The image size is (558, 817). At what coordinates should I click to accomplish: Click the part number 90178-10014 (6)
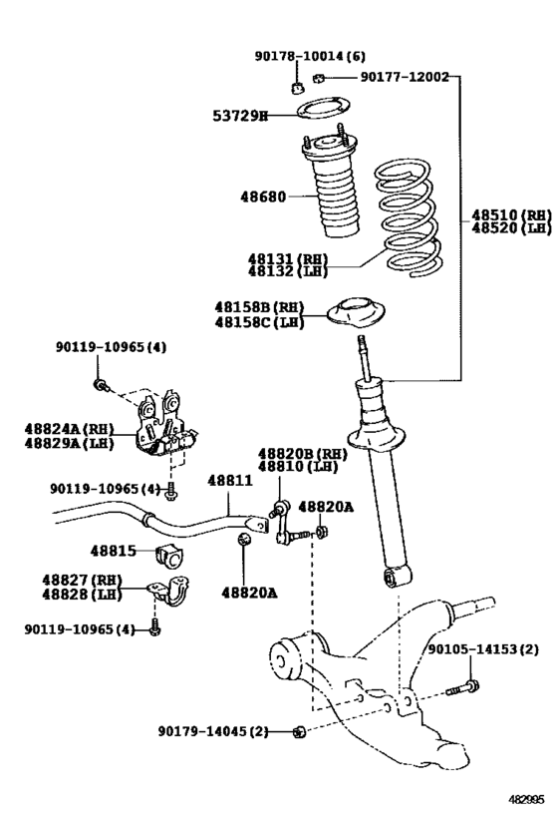(310, 57)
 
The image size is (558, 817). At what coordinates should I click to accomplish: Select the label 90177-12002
(404, 76)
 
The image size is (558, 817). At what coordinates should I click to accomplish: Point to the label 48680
(262, 197)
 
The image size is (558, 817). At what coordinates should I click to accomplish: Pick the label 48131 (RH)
(288, 257)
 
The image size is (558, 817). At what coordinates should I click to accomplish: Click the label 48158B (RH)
(259, 307)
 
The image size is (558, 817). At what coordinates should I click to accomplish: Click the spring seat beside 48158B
(357, 312)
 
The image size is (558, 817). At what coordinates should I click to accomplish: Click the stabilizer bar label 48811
(229, 480)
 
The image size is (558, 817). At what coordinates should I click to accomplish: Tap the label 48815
(113, 551)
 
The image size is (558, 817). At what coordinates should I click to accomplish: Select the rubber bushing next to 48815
(170, 557)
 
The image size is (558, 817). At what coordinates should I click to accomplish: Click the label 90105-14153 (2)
(483, 649)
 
